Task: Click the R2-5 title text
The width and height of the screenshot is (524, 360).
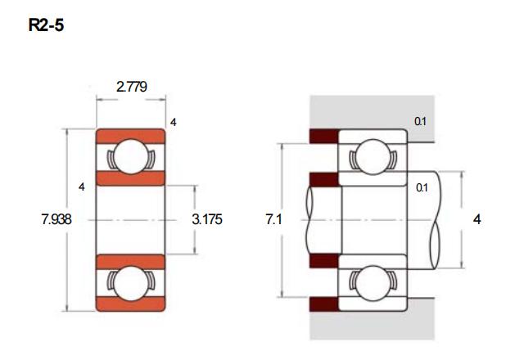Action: pos(46,25)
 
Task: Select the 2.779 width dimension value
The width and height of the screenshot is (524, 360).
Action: pos(132,87)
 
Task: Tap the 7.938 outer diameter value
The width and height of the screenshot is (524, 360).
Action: pos(56,219)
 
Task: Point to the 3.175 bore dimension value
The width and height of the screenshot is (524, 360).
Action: pos(207,219)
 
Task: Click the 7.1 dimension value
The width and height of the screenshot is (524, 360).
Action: pos(274,219)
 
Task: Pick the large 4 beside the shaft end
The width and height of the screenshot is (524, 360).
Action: pos(477,219)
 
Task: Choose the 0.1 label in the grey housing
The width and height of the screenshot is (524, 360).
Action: pos(420,121)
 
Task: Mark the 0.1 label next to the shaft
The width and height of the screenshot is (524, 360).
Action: pos(422,187)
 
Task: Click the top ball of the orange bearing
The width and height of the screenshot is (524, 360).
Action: pos(131,156)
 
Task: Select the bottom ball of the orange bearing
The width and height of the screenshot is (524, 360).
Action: pos(131,283)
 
